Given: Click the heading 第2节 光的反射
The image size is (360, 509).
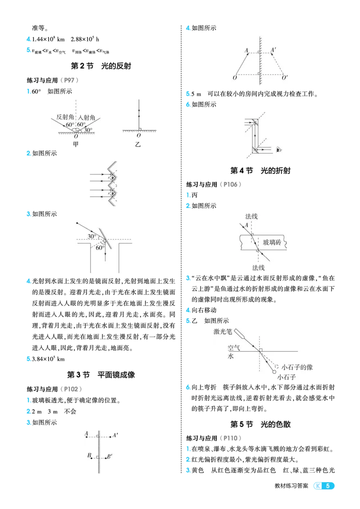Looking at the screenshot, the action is click(101, 66).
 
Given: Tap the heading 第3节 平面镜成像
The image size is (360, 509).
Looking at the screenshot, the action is click(101, 375).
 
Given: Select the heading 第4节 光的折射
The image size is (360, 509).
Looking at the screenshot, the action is click(260, 170).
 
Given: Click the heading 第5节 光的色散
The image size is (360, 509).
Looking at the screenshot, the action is click(260, 424).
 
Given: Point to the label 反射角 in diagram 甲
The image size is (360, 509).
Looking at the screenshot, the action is click(65, 117).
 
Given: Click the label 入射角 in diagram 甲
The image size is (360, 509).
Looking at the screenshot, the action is click(86, 117).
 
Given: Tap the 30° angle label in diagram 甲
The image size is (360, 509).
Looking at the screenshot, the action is click(88, 130).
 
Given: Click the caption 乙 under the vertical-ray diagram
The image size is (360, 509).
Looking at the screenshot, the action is click(138, 145).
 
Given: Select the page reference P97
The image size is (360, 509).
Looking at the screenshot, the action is click(69, 80).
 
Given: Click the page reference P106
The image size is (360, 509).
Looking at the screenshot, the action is click(230, 184).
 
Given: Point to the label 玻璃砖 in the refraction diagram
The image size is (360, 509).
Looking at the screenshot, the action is click(272, 242).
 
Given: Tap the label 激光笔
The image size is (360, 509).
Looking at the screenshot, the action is click(223, 332).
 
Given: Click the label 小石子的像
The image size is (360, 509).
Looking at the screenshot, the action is click(297, 367).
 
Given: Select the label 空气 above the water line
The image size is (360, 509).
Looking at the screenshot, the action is click(234, 348).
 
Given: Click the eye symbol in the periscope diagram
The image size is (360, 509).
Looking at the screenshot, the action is click(279, 150).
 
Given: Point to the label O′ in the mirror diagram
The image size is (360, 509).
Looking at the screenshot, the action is click(284, 78).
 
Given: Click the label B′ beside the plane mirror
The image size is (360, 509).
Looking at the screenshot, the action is click(110, 456).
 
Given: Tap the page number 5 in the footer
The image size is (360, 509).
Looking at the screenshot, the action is click(328, 486).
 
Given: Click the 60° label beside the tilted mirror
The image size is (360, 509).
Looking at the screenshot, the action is click(100, 248).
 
